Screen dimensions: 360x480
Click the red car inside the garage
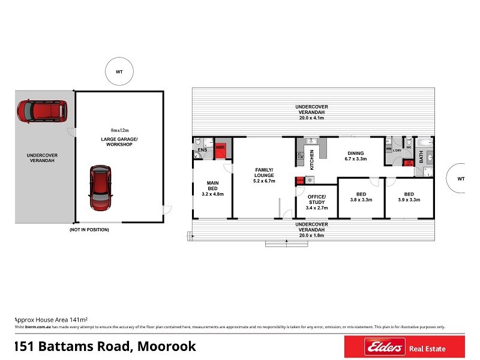101,188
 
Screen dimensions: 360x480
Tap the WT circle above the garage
119,71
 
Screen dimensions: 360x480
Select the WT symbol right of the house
460,178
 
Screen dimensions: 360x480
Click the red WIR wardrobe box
220,149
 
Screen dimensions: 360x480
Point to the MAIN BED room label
212,188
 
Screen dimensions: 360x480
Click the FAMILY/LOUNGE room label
264,175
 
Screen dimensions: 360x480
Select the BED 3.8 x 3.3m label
361,197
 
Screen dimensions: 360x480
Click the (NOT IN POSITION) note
86,230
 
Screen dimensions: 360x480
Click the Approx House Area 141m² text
43,320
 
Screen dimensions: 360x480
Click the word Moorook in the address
166,347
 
